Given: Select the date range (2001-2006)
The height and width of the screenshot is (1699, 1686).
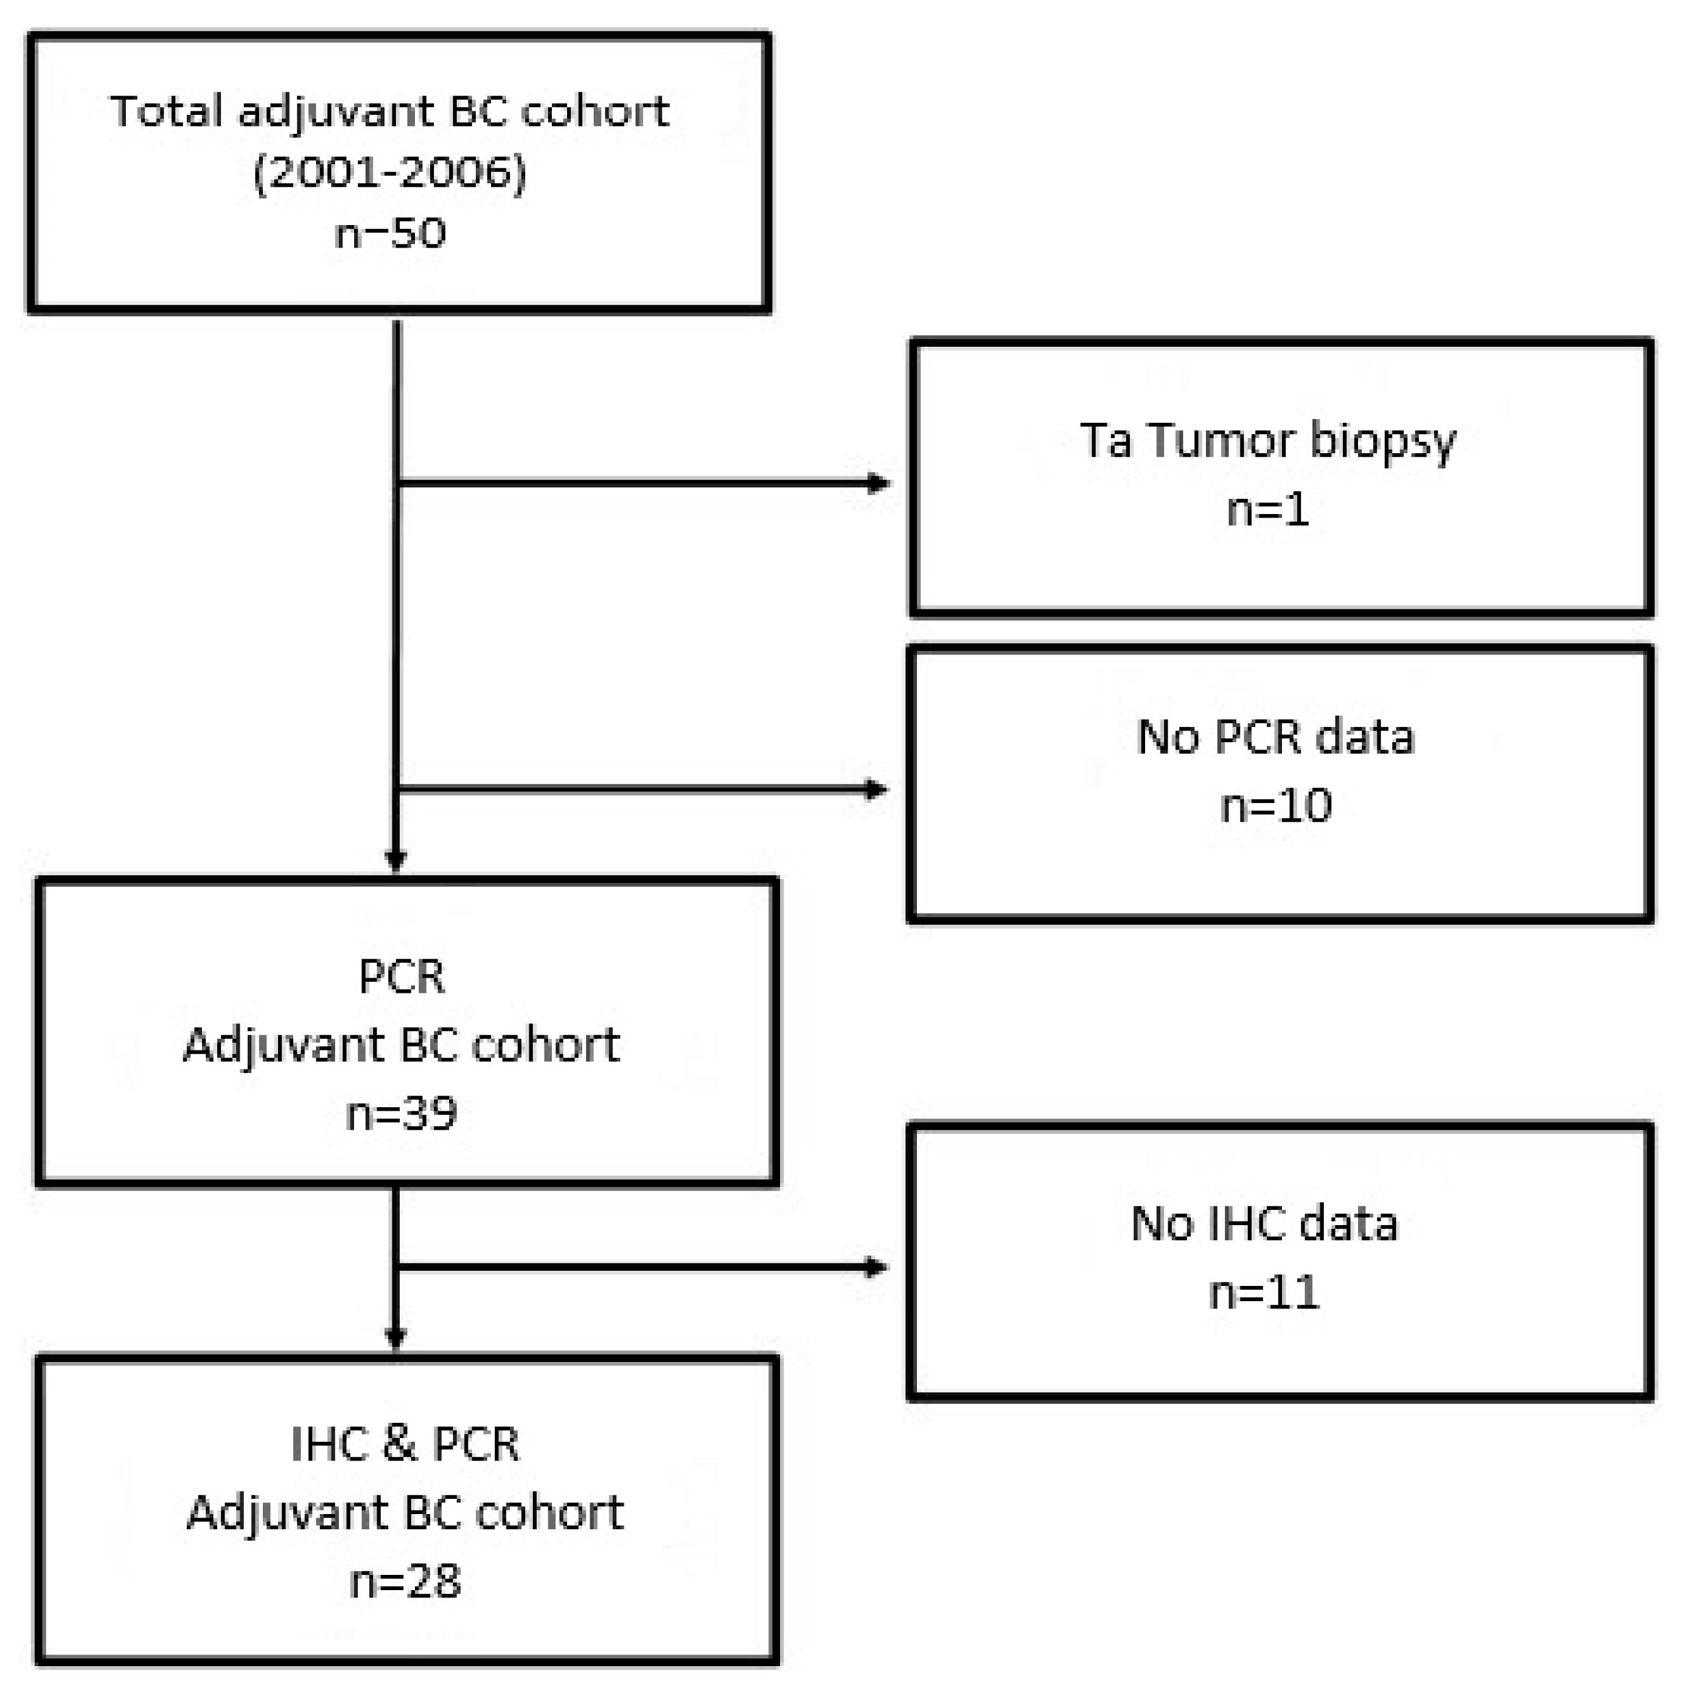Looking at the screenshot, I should point(389,172).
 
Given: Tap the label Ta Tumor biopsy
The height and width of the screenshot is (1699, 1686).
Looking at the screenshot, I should point(1267,440).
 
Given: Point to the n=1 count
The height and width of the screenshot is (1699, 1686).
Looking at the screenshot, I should point(1267,509).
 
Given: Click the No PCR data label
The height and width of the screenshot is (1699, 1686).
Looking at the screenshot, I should point(1275,737).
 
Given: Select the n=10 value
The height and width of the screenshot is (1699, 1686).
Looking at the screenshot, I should point(1275,805).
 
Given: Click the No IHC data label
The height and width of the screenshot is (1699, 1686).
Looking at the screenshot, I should point(1264,1223).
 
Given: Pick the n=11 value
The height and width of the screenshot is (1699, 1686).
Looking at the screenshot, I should point(1264,1293).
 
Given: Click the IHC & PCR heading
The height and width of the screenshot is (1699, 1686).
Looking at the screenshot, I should point(405,1444).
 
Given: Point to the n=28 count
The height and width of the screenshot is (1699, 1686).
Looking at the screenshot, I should point(405,1581).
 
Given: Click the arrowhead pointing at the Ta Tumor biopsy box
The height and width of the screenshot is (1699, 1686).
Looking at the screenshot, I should point(878,483).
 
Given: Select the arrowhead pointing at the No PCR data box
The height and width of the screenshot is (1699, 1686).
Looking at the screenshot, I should point(876,790).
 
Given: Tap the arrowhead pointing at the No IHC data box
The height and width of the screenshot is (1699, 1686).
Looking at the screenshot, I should point(876,1267).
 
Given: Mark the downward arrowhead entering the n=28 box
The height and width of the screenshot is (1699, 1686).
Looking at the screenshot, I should point(395,1338).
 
